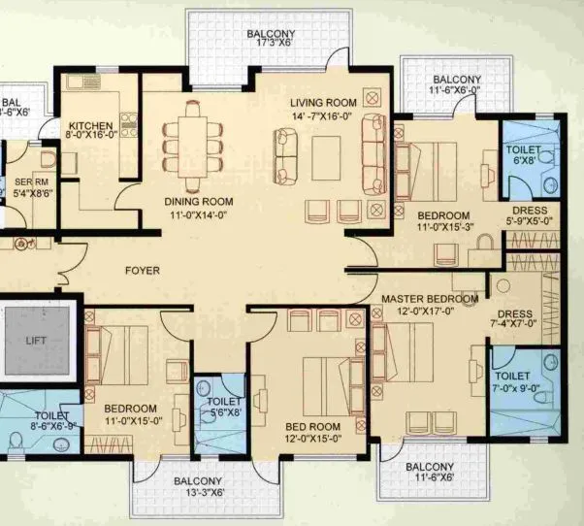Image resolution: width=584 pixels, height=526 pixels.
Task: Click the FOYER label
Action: pyautogui.click(x=143, y=271)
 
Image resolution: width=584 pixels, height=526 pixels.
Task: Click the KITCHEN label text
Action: pyautogui.click(x=89, y=126)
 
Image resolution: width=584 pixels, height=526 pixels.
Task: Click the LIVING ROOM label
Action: pyautogui.click(x=324, y=102)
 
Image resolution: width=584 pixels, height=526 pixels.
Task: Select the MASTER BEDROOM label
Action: pyautogui.click(x=430, y=299)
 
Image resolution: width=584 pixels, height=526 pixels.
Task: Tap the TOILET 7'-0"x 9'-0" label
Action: pyautogui.click(x=511, y=381)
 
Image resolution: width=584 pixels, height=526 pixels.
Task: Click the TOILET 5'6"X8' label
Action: pyautogui.click(x=224, y=407)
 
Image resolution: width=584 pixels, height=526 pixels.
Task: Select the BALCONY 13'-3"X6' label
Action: pyautogui.click(x=197, y=487)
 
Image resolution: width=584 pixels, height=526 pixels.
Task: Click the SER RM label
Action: pyautogui.click(x=26, y=187)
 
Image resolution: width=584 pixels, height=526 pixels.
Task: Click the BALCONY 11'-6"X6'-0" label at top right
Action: pyautogui.click(x=456, y=85)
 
